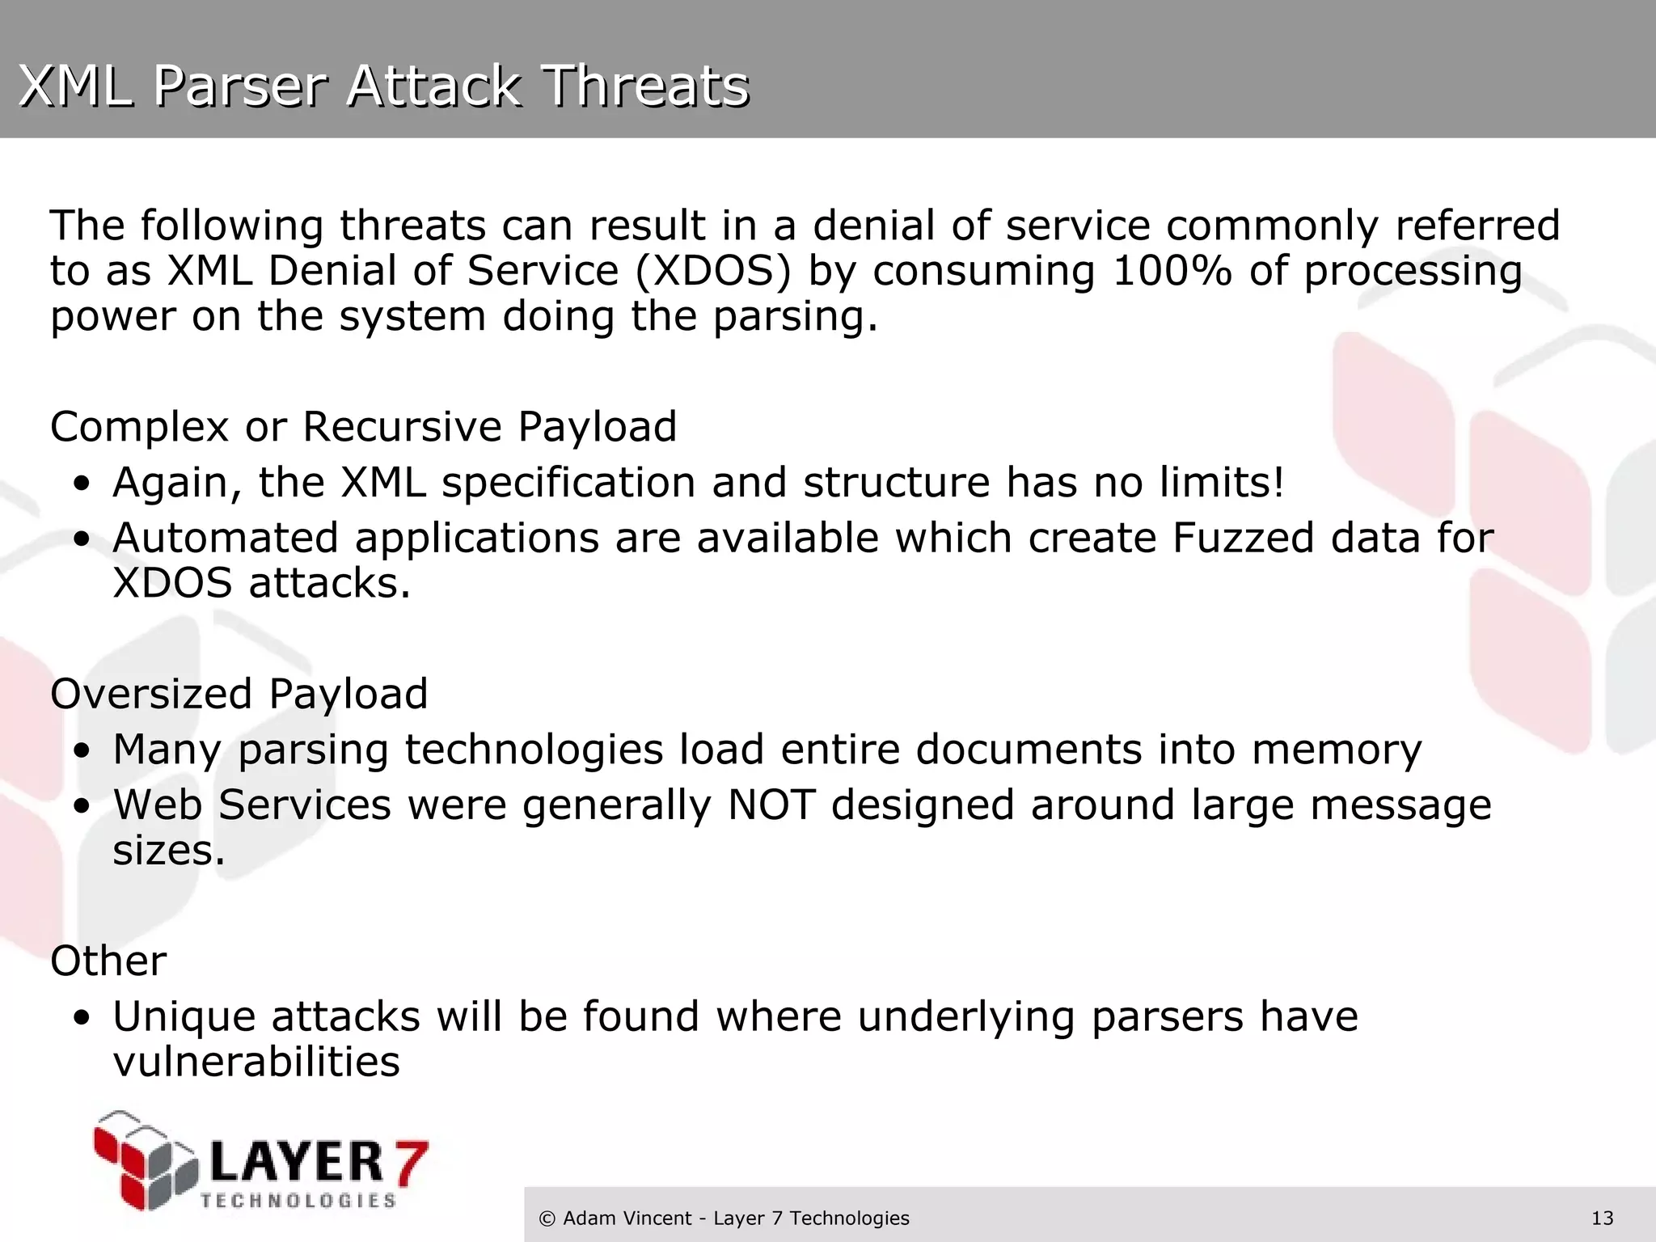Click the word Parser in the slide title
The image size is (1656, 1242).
pos(239,86)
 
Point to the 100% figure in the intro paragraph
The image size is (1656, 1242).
pos(1172,271)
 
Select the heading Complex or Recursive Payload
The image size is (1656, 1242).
pos(363,426)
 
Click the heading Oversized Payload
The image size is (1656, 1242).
pos(239,694)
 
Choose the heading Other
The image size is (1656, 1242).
pos(108,961)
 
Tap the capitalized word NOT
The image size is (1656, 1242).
pos(771,805)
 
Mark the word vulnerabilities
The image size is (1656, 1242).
pos(256,1062)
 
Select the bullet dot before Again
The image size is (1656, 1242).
pos(81,485)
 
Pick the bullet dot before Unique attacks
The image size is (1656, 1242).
pos(81,1019)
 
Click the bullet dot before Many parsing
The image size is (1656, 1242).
pos(81,752)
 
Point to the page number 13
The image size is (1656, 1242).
pos(1602,1218)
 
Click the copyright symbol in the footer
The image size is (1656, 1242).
pos(547,1219)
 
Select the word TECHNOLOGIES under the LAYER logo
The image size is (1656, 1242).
pos(298,1200)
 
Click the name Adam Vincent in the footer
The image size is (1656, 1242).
pos(627,1218)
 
